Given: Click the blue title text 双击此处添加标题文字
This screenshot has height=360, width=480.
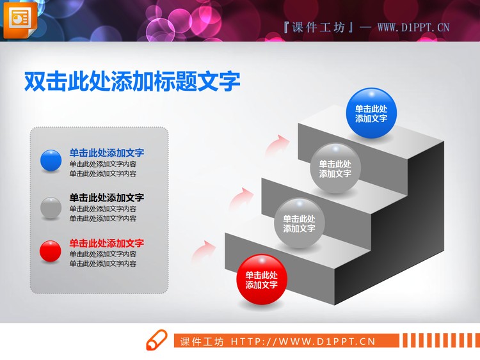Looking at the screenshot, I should point(132,81).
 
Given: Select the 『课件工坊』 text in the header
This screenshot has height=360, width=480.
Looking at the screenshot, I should point(317,27).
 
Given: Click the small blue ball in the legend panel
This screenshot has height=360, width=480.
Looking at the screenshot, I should point(51,160).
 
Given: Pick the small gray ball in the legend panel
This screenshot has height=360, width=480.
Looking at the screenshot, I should point(51,207).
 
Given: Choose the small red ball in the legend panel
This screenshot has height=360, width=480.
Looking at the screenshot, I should point(51,251).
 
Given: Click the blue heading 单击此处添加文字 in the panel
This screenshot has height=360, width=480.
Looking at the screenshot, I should point(107,153).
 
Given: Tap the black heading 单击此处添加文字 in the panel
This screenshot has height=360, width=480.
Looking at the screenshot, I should point(107,198).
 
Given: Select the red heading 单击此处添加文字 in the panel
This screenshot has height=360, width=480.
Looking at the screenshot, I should point(107,243).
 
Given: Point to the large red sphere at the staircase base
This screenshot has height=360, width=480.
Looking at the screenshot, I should point(262,279).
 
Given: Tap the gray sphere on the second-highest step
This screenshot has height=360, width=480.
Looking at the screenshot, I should point(335,168).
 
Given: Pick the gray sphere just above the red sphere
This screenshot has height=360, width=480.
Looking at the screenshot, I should point(299,223).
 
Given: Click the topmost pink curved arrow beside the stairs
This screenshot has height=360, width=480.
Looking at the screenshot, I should point(277,143).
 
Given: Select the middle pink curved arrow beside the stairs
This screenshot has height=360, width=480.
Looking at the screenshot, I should point(240,196).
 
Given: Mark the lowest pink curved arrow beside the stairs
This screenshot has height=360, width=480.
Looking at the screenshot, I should point(204,249).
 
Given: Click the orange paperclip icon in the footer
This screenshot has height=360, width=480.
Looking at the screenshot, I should point(157,341).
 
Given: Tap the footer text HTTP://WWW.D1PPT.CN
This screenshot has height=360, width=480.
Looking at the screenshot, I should point(303,341).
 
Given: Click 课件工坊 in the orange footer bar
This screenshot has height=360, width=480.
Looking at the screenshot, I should point(202,341).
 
